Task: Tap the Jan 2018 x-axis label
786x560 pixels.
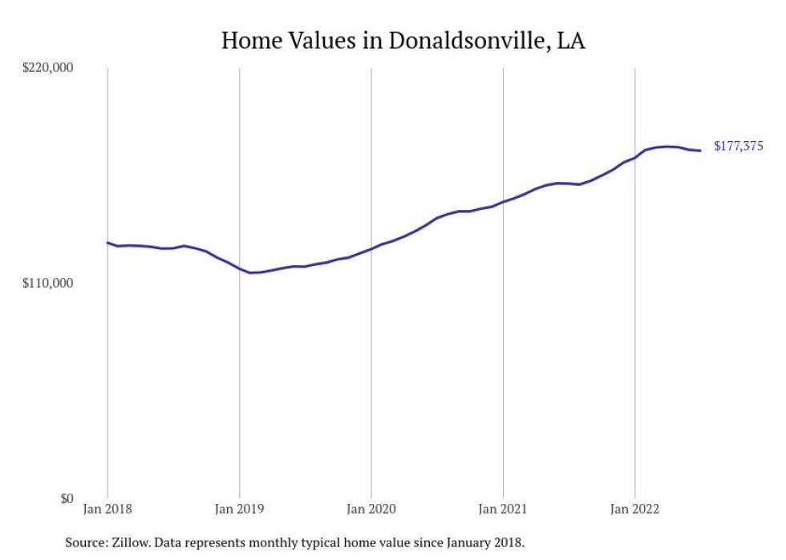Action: pos(107,509)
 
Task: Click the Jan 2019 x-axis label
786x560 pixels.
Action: pos(239,509)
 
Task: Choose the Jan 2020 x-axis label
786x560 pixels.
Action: pos(371,509)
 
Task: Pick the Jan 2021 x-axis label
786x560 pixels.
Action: pos(503,509)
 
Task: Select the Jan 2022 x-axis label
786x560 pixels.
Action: pos(634,509)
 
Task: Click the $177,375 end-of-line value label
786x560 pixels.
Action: pos(738,146)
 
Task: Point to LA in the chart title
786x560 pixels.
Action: pos(571,41)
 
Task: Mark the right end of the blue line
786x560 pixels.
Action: pos(700,151)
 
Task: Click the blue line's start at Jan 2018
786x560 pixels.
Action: pos(107,242)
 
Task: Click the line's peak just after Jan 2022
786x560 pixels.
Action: pos(667,147)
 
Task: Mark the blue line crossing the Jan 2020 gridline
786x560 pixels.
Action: pos(371,248)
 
